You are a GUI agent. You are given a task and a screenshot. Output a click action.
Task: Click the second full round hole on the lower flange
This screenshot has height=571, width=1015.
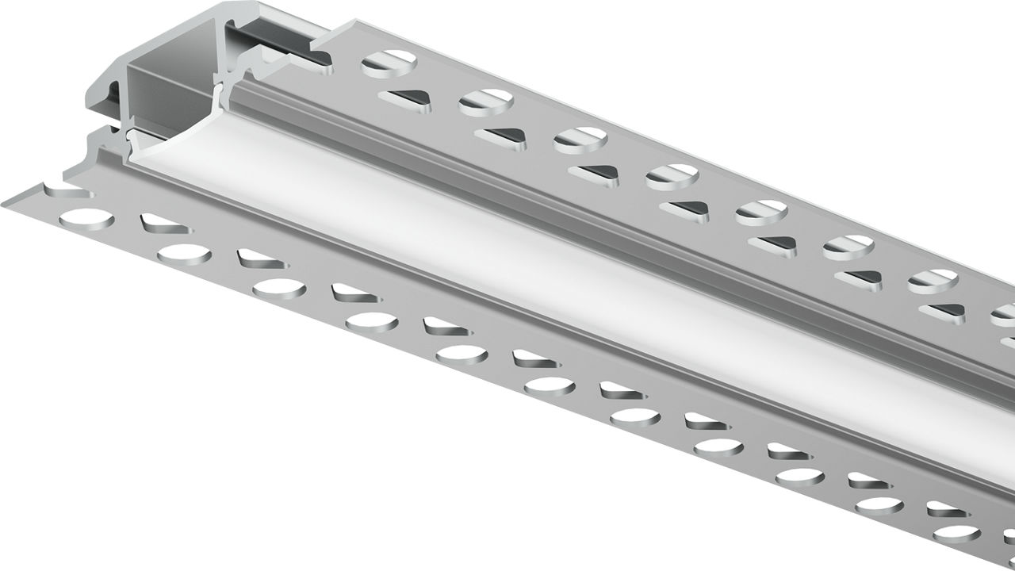click(184, 254)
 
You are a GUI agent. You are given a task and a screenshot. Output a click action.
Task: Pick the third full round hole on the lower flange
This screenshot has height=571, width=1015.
click(279, 288)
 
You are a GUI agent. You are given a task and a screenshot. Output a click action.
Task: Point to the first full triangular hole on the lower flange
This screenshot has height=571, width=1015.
click(165, 225)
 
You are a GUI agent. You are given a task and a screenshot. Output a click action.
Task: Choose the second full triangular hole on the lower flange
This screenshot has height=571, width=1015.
click(262, 259)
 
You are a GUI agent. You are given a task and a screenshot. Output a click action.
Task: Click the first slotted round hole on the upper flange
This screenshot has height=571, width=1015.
click(389, 63)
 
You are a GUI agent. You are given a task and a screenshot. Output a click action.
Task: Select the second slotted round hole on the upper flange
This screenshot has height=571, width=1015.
click(486, 102)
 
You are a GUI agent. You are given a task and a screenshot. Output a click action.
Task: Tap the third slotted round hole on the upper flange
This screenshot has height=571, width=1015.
click(580, 140)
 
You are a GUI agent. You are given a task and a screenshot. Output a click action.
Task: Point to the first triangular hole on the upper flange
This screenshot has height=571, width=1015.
click(404, 98)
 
